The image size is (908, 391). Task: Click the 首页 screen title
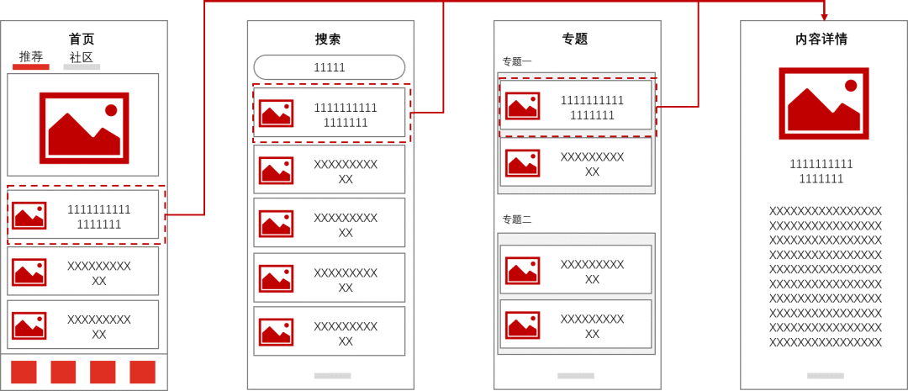click(82, 40)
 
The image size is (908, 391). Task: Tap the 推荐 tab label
click(31, 57)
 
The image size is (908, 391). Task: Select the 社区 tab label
click(81, 57)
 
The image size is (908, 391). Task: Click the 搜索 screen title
click(328, 40)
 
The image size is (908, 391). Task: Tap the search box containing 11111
click(329, 67)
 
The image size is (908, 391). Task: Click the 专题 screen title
click(575, 40)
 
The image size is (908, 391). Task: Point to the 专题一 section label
click(516, 61)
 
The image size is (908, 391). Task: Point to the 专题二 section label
click(516, 219)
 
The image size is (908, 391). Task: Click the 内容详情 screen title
click(822, 40)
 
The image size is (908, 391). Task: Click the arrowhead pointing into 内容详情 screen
click(824, 16)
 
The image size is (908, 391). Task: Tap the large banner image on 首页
click(84, 128)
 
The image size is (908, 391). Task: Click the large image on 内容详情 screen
click(823, 103)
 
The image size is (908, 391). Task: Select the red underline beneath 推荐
click(31, 66)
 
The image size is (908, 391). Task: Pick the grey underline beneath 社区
click(82, 66)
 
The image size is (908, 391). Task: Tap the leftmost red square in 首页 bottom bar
click(24, 372)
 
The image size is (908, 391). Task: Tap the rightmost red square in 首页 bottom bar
click(142, 372)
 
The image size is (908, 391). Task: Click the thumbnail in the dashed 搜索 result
click(277, 113)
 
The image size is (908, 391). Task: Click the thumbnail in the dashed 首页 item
click(29, 215)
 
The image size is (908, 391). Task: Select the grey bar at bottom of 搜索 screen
click(332, 375)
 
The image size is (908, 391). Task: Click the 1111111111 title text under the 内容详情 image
click(821, 164)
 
